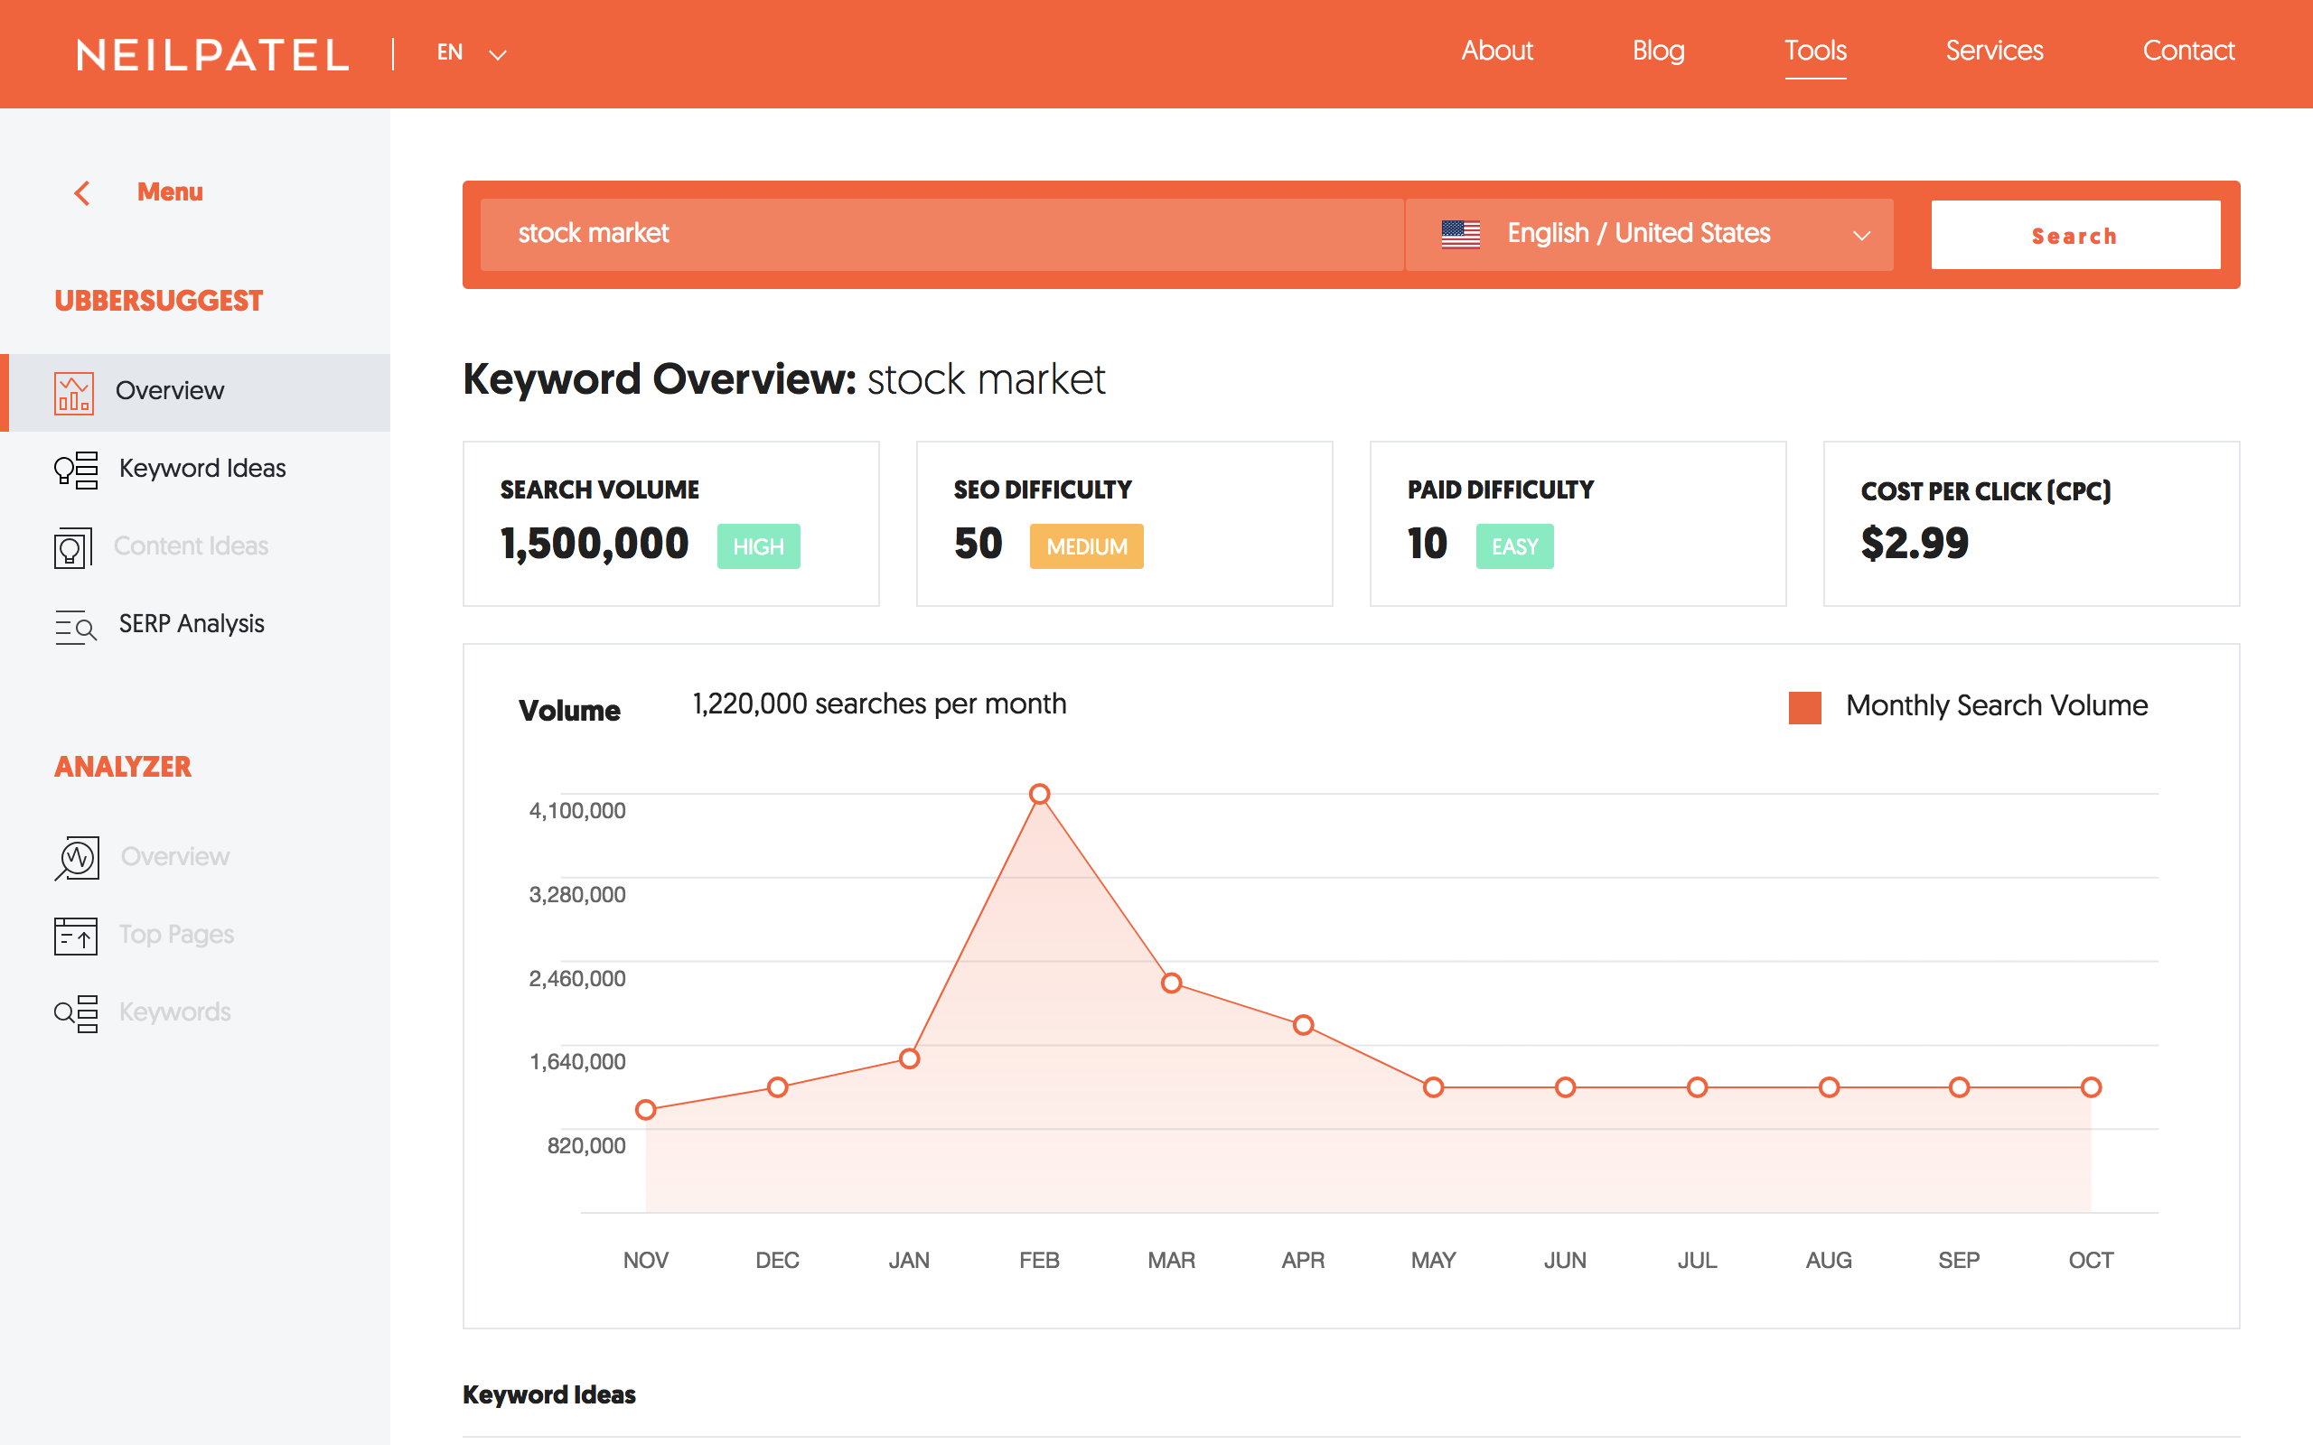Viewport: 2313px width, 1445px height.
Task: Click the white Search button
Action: click(x=2075, y=235)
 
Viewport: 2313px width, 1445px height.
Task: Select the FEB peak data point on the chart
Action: click(x=1040, y=794)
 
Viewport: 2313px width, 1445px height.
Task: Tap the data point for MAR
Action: click(x=1172, y=983)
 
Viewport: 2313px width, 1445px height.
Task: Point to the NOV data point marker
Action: click(x=646, y=1110)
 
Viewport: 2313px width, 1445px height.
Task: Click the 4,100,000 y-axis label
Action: click(x=577, y=810)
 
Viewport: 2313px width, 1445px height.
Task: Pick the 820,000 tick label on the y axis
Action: click(x=585, y=1145)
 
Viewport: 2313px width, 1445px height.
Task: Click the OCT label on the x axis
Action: click(x=2091, y=1260)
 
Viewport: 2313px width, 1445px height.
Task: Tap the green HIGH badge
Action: click(x=758, y=546)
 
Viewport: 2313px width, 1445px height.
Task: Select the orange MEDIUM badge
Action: click(x=1086, y=546)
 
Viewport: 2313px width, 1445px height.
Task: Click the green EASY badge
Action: click(x=1514, y=546)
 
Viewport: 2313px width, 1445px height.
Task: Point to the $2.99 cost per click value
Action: click(x=1915, y=544)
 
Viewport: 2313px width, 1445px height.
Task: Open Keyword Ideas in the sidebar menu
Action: click(x=201, y=469)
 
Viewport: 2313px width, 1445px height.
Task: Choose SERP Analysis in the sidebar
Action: click(x=192, y=624)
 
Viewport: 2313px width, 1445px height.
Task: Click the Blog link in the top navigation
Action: click(x=1658, y=51)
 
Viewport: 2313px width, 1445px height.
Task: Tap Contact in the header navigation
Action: click(x=2187, y=51)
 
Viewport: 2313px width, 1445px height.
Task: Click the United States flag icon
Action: click(x=1460, y=234)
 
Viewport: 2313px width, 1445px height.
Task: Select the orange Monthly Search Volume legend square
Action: click(x=1804, y=707)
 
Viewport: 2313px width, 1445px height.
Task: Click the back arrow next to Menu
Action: click(x=83, y=193)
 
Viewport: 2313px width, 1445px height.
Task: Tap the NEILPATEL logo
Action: click(x=213, y=54)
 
